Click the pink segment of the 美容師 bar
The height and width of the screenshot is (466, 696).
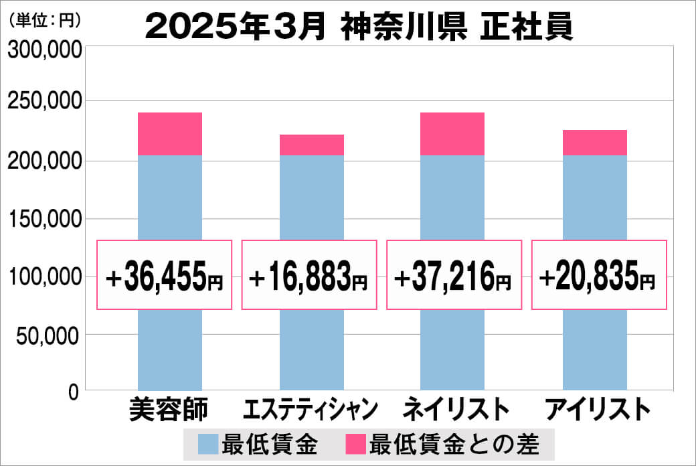point(169,134)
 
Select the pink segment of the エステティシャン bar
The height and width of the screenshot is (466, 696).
point(311,145)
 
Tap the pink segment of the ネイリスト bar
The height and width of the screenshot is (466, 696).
point(452,134)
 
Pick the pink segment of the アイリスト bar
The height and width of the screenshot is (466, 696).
point(594,143)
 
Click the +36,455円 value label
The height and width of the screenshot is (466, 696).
point(165,275)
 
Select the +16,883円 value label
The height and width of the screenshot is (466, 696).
point(309,275)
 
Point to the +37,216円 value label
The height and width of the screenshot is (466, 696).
point(454,275)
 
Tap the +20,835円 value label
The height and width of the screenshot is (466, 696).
point(598,275)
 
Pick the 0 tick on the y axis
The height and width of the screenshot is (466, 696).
point(73,392)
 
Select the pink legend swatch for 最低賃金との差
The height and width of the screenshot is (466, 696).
point(355,443)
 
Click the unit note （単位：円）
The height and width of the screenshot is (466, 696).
point(44,20)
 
